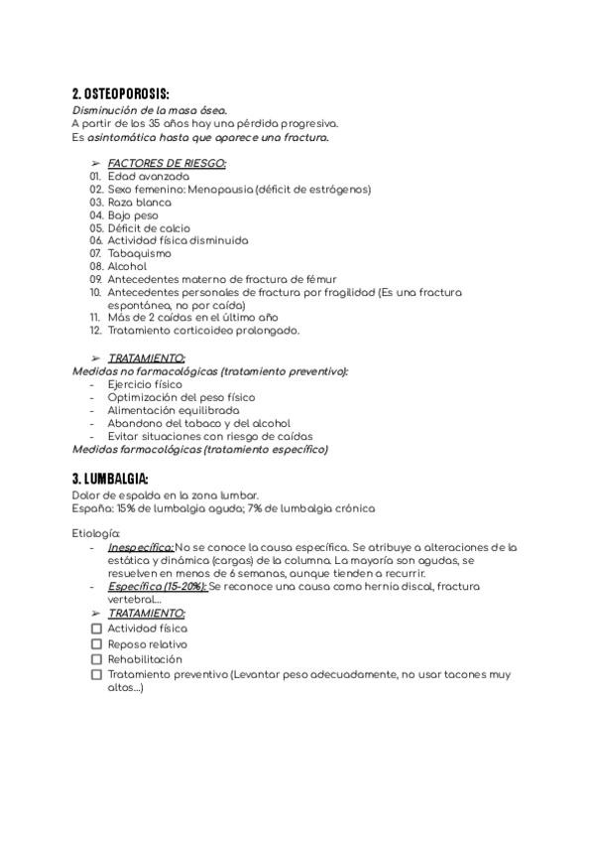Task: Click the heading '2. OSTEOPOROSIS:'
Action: pos(127,93)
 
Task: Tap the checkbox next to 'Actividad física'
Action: pos(96,629)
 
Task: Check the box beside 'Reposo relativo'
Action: pos(96,643)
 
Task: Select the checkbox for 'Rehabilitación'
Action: pos(96,658)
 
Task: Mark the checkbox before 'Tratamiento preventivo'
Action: pos(96,674)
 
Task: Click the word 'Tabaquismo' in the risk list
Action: pos(139,253)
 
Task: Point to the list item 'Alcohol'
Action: pos(127,266)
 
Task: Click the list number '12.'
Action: pos(95,331)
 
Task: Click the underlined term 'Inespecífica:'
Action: pos(141,547)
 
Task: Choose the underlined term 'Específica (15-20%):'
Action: pos(158,587)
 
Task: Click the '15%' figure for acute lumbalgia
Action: pos(126,508)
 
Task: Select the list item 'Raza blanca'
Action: pos(139,202)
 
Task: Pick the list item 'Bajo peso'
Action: pos(133,214)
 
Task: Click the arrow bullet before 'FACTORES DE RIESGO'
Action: pos(95,163)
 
